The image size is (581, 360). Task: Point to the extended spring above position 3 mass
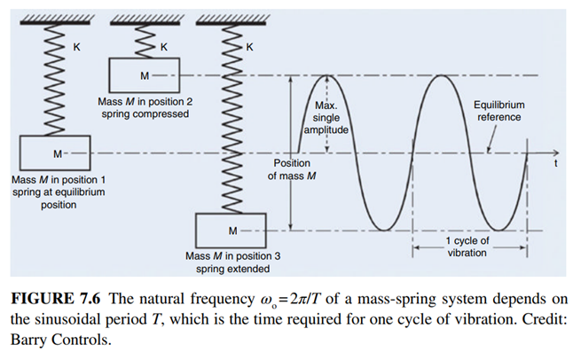tap(232, 124)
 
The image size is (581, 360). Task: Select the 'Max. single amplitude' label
tap(328, 117)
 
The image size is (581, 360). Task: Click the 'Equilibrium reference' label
tap(499, 111)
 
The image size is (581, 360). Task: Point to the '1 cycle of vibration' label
tap(467, 246)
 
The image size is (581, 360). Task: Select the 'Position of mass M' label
tap(292, 169)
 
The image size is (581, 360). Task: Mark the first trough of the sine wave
tap(384, 231)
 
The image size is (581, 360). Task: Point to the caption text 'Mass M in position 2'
tap(145, 102)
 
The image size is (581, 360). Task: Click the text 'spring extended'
tap(232, 268)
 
